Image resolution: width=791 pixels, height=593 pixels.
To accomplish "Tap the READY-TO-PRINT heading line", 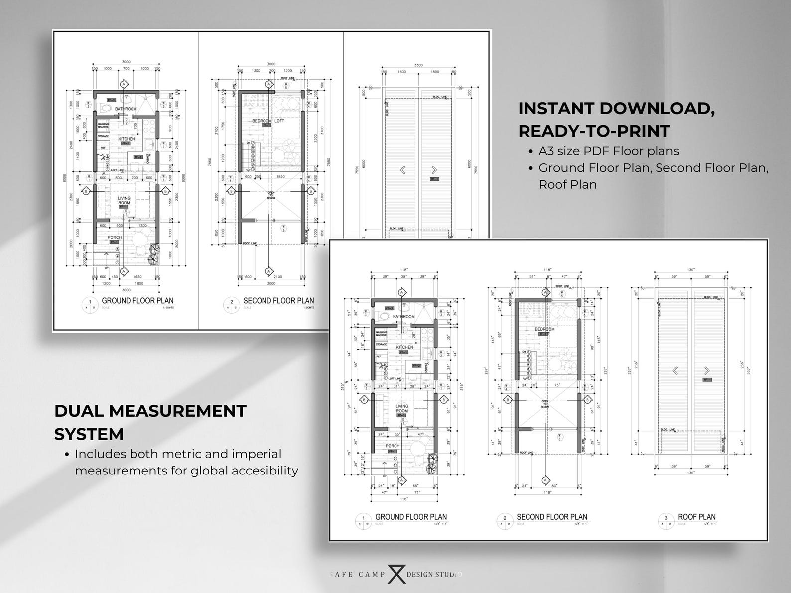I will coord(594,131).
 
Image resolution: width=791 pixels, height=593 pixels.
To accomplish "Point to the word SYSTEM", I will coord(89,434).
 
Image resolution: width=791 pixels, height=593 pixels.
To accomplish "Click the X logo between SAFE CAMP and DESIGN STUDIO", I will coord(395,574).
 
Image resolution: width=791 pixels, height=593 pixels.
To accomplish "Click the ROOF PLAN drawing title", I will coord(696,517).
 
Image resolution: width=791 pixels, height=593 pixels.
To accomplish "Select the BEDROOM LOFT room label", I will coord(268,121).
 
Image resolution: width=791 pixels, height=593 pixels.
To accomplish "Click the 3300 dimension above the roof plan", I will coord(418,65).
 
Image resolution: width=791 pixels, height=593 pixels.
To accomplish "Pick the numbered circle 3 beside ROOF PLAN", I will coord(666,519).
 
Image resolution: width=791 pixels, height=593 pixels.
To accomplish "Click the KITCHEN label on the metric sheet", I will coord(127,139).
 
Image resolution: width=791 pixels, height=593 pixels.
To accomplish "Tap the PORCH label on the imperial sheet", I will coord(392,446).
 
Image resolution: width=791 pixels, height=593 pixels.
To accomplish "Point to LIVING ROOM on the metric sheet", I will coord(124,201).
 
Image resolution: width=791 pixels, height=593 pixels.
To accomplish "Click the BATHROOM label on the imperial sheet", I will coord(403,317).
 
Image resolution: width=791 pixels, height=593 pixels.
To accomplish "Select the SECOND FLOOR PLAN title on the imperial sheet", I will coord(551,517).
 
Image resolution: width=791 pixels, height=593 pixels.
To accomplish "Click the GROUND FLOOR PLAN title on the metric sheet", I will coord(137,300).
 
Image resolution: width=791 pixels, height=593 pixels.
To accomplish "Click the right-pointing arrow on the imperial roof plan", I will coord(706,370).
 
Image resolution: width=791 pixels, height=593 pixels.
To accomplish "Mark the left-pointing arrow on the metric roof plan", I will coord(402,170).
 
